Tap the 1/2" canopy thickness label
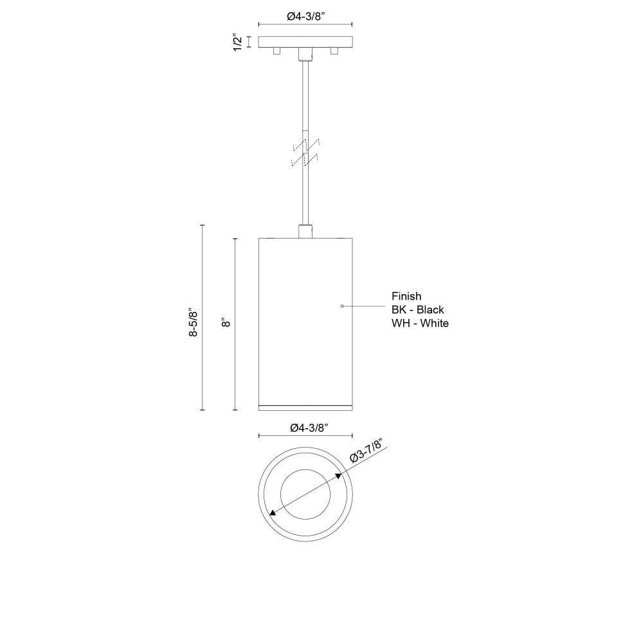tap(238, 42)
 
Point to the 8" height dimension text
tap(226, 322)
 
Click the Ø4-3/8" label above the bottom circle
tap(309, 428)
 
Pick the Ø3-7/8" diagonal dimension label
tap(367, 450)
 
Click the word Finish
tap(406, 296)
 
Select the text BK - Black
tap(417, 310)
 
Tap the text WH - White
tap(420, 323)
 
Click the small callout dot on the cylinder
tap(342, 306)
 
